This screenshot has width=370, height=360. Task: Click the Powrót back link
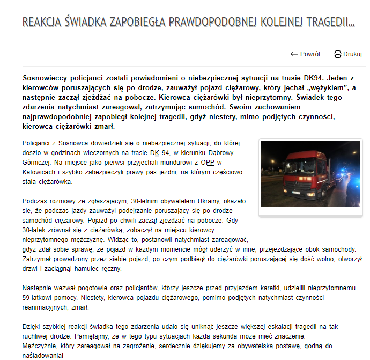tap(310, 54)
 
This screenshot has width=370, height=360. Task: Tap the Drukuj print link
tap(352, 54)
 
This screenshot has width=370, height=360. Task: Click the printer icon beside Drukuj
tap(337, 54)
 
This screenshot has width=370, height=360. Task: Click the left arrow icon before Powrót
tap(294, 54)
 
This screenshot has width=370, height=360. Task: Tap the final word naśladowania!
tap(43, 355)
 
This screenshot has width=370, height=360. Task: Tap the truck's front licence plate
tap(297, 193)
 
